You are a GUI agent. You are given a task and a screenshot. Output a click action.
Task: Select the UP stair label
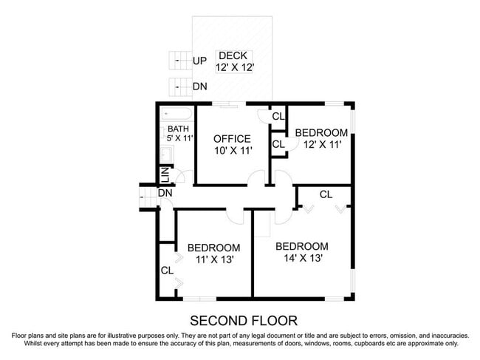199,61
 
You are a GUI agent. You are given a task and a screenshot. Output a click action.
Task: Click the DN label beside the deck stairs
199,86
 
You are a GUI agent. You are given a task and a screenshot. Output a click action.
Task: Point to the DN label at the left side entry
165,193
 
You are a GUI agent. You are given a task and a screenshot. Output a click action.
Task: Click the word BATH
178,129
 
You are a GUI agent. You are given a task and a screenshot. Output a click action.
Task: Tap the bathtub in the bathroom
177,115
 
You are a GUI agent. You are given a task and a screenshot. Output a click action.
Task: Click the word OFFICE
232,139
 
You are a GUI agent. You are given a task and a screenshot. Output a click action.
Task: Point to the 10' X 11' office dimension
232,151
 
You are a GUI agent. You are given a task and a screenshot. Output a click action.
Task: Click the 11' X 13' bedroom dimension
213,259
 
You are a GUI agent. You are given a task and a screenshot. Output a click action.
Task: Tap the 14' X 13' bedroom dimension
301,258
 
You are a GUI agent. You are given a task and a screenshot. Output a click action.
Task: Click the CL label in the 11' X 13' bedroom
167,271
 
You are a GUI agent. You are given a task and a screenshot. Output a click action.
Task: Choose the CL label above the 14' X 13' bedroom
326,194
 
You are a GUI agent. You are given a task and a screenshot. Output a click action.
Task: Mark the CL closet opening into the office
278,117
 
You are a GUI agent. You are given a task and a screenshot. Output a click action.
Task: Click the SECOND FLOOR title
244,321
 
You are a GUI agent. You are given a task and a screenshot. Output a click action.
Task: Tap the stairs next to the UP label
178,61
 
